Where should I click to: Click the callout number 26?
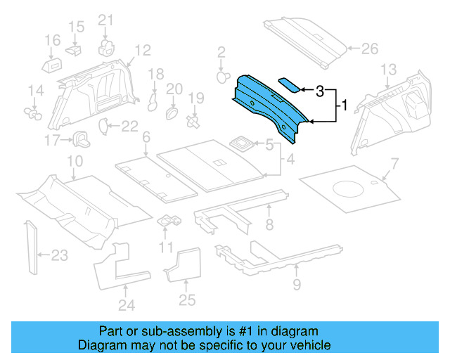point(370,49)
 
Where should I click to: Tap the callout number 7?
point(394,164)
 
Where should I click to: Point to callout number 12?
point(143,50)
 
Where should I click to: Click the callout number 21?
point(105,20)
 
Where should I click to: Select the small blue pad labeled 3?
point(290,84)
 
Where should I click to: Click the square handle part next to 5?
point(243,143)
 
